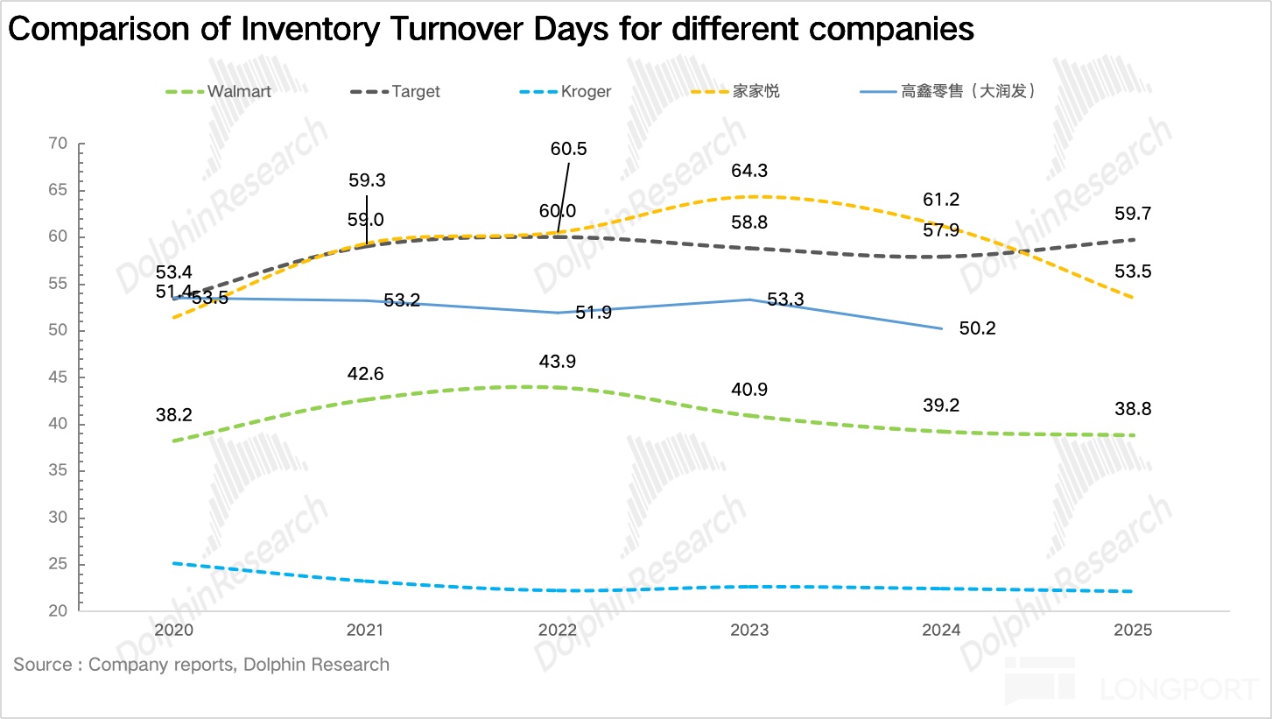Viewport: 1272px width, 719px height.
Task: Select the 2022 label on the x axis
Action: pyautogui.click(x=558, y=631)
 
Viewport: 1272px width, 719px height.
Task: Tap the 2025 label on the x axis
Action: pyautogui.click(x=1134, y=631)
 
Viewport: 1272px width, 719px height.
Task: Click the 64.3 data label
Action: pyautogui.click(x=750, y=171)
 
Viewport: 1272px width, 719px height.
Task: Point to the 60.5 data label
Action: pyautogui.click(x=569, y=149)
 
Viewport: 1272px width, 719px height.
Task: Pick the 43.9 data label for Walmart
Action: pyautogui.click(x=557, y=362)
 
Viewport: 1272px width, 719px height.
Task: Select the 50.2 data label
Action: pyautogui.click(x=977, y=329)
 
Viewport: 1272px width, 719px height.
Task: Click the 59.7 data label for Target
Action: pyautogui.click(x=1133, y=213)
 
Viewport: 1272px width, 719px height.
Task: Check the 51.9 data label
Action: pyautogui.click(x=594, y=312)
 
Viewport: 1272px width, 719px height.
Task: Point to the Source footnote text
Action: pyautogui.click(x=201, y=665)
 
